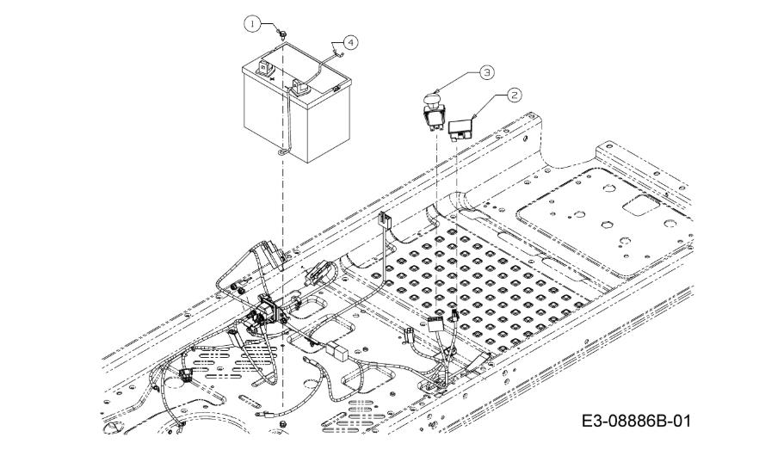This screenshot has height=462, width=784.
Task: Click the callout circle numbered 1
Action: click(253, 23)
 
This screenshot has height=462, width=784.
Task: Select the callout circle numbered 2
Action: click(514, 95)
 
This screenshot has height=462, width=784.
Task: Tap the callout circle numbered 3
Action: click(486, 72)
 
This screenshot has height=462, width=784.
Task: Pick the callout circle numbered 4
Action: click(350, 42)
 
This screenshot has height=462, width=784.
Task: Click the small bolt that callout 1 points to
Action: click(283, 35)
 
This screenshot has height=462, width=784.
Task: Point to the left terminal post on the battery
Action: click(263, 67)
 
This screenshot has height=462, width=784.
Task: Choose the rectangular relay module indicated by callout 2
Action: click(461, 128)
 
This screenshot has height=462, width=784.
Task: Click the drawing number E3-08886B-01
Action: click(636, 421)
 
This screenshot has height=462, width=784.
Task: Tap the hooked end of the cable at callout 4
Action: click(338, 52)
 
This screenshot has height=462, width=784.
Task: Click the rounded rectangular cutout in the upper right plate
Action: click(639, 205)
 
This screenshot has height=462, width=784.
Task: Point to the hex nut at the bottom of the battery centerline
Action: click(282, 424)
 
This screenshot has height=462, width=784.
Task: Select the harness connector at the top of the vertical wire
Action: click(385, 219)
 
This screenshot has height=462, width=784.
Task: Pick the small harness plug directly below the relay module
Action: click(454, 315)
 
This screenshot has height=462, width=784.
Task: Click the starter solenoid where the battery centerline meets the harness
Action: click(268, 311)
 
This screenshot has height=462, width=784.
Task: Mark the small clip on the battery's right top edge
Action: click(336, 89)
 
